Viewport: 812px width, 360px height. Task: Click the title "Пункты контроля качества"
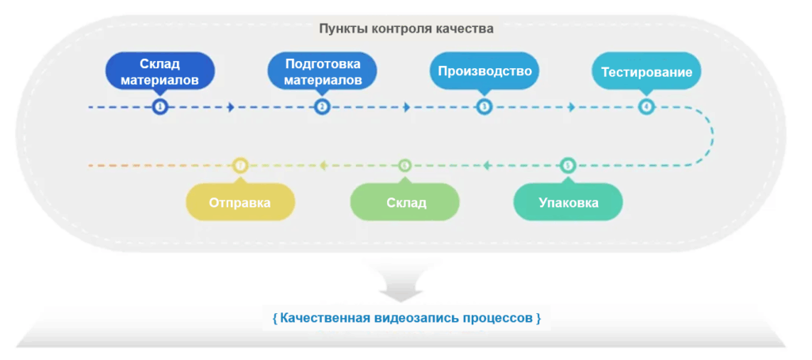pos(406,29)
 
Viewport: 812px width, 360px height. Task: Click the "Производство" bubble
pos(485,71)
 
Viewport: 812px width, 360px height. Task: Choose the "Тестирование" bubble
pos(646,72)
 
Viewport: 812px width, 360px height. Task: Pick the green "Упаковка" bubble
pos(568,202)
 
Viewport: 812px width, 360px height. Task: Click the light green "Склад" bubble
pos(405,202)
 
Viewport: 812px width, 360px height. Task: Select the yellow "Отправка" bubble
pos(240,202)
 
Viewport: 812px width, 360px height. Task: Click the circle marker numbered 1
pos(160,106)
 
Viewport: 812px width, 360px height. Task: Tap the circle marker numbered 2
pos(322,106)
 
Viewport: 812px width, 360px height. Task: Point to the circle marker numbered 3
pos(485,106)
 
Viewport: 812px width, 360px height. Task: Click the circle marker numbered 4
pos(646,106)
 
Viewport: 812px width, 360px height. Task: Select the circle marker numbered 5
pos(568,166)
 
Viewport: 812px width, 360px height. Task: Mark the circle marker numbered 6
pos(405,166)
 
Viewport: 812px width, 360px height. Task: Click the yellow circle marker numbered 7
pos(241,166)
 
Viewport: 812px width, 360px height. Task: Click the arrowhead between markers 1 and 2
pos(231,106)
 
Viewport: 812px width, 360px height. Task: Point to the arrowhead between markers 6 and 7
pos(323,166)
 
